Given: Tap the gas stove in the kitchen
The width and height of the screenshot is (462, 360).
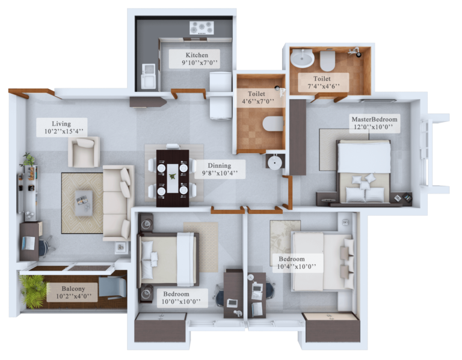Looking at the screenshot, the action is (202, 28).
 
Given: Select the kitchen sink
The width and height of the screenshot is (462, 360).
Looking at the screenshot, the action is (148, 76).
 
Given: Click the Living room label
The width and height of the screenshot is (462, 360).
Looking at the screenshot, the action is (62, 127).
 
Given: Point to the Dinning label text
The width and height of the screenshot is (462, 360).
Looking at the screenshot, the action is (219, 165).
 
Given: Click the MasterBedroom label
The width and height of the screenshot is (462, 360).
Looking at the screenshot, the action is (375, 123).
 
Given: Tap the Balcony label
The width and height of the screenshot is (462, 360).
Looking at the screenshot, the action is (72, 292).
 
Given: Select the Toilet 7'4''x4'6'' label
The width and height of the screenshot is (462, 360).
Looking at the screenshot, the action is (324, 82).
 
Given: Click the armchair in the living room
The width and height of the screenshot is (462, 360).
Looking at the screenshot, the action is (84, 151).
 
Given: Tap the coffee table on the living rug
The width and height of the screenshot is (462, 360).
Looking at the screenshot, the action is (84, 203).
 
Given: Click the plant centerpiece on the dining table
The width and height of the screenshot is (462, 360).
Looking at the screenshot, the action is (173, 177).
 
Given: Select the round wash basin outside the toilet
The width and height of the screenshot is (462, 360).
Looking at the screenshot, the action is (274, 162).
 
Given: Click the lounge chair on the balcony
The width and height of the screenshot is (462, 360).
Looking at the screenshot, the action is (112, 286).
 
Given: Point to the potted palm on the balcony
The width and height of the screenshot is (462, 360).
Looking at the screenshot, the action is (33, 290).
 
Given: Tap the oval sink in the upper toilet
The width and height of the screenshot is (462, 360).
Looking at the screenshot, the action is (302, 58).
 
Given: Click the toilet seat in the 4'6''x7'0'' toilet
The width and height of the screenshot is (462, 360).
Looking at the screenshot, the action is (273, 123).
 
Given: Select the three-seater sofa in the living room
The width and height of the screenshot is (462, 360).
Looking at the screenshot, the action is (118, 202).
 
